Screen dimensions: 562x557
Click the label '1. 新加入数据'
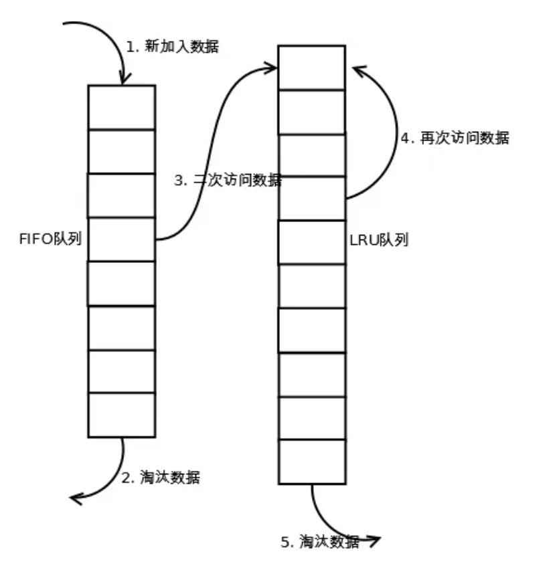point(173,47)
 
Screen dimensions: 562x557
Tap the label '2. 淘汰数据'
point(161,478)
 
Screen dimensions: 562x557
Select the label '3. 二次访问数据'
point(228,181)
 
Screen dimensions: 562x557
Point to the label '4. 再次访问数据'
point(455,138)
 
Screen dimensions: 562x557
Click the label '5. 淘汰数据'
point(320,542)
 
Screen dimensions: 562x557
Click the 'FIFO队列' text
point(50,240)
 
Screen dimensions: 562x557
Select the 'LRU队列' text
point(379,240)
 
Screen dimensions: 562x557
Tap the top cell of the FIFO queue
point(122,107)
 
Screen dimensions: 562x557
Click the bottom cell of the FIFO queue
point(122,415)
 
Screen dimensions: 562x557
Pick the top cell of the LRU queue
point(312,67)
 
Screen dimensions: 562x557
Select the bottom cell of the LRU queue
point(312,461)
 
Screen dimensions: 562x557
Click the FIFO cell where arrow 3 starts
point(122,239)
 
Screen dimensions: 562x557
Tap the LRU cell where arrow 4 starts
point(312,198)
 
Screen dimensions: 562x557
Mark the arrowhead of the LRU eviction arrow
point(375,539)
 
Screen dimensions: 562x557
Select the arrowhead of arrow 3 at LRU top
point(272,66)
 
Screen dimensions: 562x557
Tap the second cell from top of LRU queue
point(312,111)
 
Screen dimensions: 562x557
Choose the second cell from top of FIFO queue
point(122,151)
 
